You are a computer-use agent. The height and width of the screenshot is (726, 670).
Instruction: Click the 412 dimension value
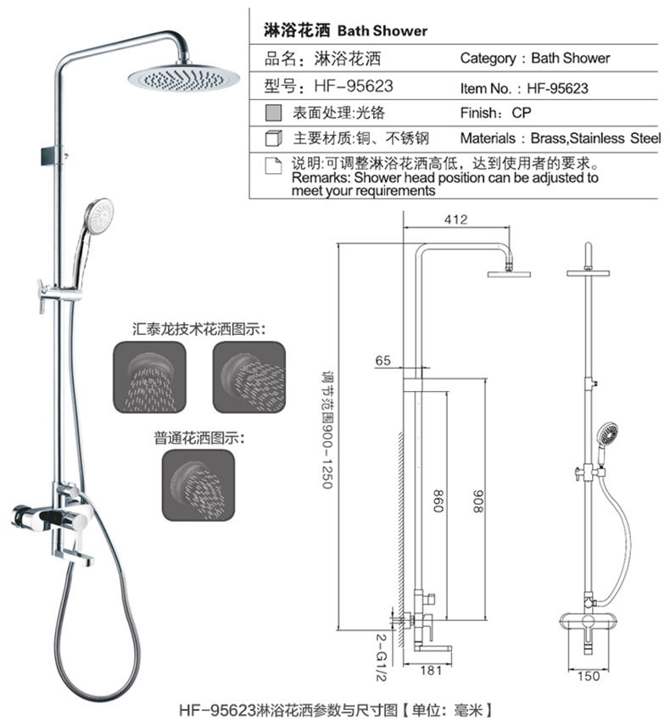[x=455, y=220]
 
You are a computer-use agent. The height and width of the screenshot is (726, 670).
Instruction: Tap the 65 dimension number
[x=383, y=360]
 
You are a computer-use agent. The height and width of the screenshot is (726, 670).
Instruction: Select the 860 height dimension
[x=438, y=501]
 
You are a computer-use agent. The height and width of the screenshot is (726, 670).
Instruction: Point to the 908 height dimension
[x=477, y=501]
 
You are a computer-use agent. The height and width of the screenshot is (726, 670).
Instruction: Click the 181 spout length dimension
[x=431, y=670]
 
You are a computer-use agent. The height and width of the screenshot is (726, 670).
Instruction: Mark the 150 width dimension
[x=589, y=677]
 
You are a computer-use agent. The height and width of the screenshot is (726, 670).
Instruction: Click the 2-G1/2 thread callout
[x=381, y=657]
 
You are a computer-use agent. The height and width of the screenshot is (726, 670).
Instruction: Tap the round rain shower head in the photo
[x=184, y=78]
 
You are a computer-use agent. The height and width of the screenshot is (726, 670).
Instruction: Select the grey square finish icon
[x=274, y=113]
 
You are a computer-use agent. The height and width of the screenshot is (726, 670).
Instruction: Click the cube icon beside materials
[x=274, y=138]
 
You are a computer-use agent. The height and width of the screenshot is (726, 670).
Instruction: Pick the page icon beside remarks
[x=273, y=165]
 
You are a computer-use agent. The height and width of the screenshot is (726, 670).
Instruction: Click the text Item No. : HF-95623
[x=524, y=88]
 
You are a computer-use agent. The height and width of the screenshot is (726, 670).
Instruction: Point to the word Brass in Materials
[x=549, y=138]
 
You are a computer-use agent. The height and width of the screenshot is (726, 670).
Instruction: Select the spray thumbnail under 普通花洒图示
[x=198, y=485]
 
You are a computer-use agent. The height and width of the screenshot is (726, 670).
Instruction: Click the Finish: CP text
[x=495, y=113]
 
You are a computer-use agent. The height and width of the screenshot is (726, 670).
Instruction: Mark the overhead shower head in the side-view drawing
[x=509, y=274]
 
